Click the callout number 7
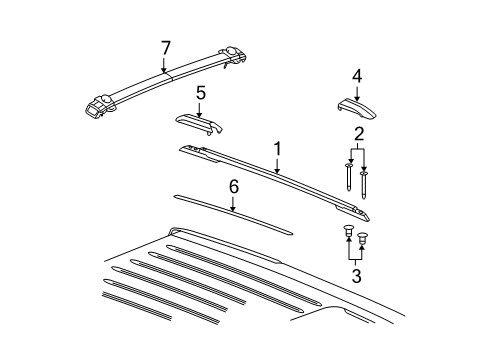click(x=166, y=46)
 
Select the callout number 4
click(x=357, y=76)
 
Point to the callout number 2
click(x=357, y=132)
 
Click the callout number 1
click(x=277, y=148)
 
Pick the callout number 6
click(x=233, y=186)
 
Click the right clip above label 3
click(x=363, y=239)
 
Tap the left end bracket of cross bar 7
click(x=100, y=104)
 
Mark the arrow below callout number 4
click(x=357, y=93)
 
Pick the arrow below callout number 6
click(x=233, y=204)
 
